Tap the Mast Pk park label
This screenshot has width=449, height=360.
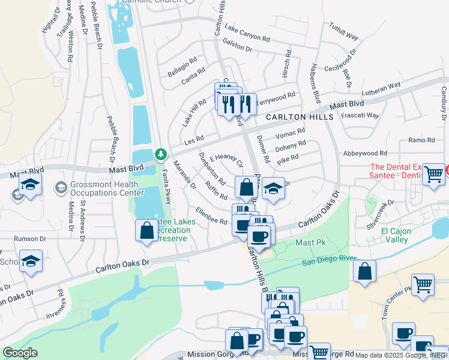coord(309,243)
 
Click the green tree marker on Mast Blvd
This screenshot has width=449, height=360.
coord(161,155)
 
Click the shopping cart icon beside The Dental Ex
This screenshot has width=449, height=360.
coord(433,175)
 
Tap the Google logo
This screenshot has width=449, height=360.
coord(20,353)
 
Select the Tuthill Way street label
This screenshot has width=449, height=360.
coord(344,32)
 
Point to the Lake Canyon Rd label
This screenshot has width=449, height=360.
coord(247,32)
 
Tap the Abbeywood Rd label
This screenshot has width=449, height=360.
coord(365,154)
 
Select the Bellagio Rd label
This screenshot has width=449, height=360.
coord(182,67)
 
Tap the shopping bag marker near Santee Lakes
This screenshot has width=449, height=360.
coord(147,231)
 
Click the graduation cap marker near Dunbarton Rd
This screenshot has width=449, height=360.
coord(273,189)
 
